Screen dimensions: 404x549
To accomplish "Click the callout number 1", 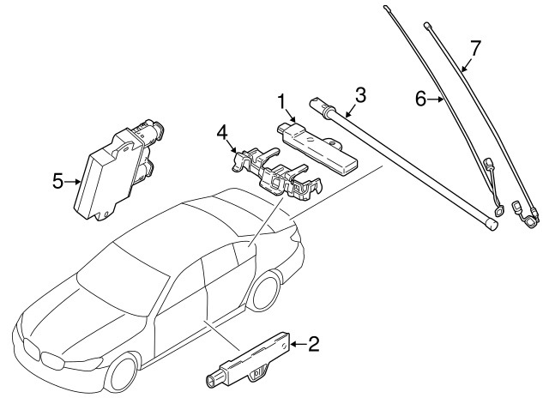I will tap(281, 101).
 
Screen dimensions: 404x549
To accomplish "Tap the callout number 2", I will tap(313, 345).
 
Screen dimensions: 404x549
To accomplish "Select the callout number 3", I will tap(360, 94).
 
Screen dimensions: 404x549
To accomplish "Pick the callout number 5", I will tap(57, 181).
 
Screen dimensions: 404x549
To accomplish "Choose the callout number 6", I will tap(421, 100).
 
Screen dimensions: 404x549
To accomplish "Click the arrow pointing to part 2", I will tap(294, 345).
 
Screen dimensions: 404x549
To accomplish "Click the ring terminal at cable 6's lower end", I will tap(498, 208).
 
